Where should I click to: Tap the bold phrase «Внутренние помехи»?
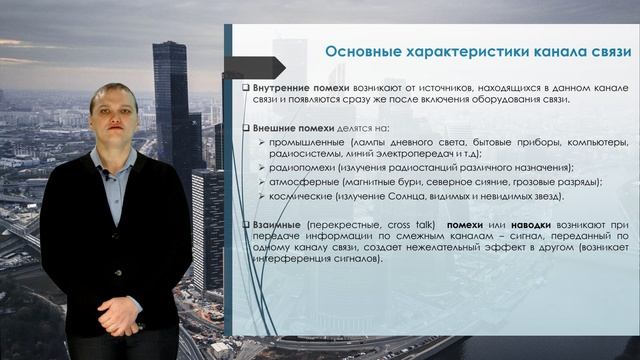[294, 88]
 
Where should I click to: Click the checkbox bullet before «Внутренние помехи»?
[245, 89]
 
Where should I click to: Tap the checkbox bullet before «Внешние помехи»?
[245, 129]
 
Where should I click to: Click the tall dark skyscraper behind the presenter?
[171, 110]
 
